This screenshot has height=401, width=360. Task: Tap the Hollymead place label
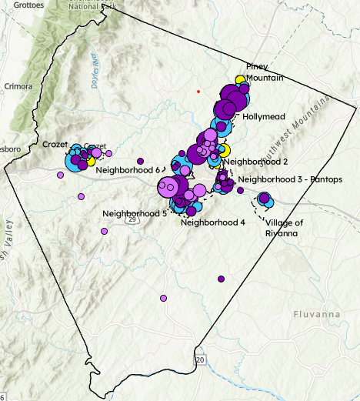coord(264,117)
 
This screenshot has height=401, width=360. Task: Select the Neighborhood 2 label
coord(258,162)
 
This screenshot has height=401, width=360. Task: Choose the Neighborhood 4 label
coord(212,222)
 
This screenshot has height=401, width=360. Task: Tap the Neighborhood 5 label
coord(134,212)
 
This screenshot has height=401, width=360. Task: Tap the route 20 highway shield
coord(200,359)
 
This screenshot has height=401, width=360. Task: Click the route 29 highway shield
coord(132,220)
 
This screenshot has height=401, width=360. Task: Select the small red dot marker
coord(198,92)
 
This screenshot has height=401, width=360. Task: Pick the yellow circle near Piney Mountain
coord(240,80)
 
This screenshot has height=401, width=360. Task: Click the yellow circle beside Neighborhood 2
coord(225,149)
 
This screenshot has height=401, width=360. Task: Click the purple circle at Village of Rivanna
coord(264,199)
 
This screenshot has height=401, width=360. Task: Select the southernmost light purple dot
coord(163,298)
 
